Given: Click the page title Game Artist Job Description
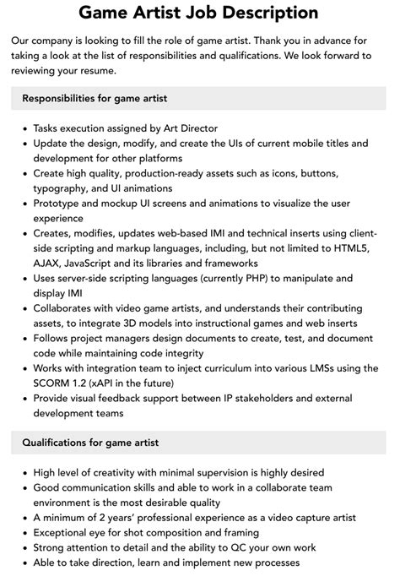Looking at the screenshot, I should [199, 13].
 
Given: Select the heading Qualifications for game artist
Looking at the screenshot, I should [90, 442].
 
